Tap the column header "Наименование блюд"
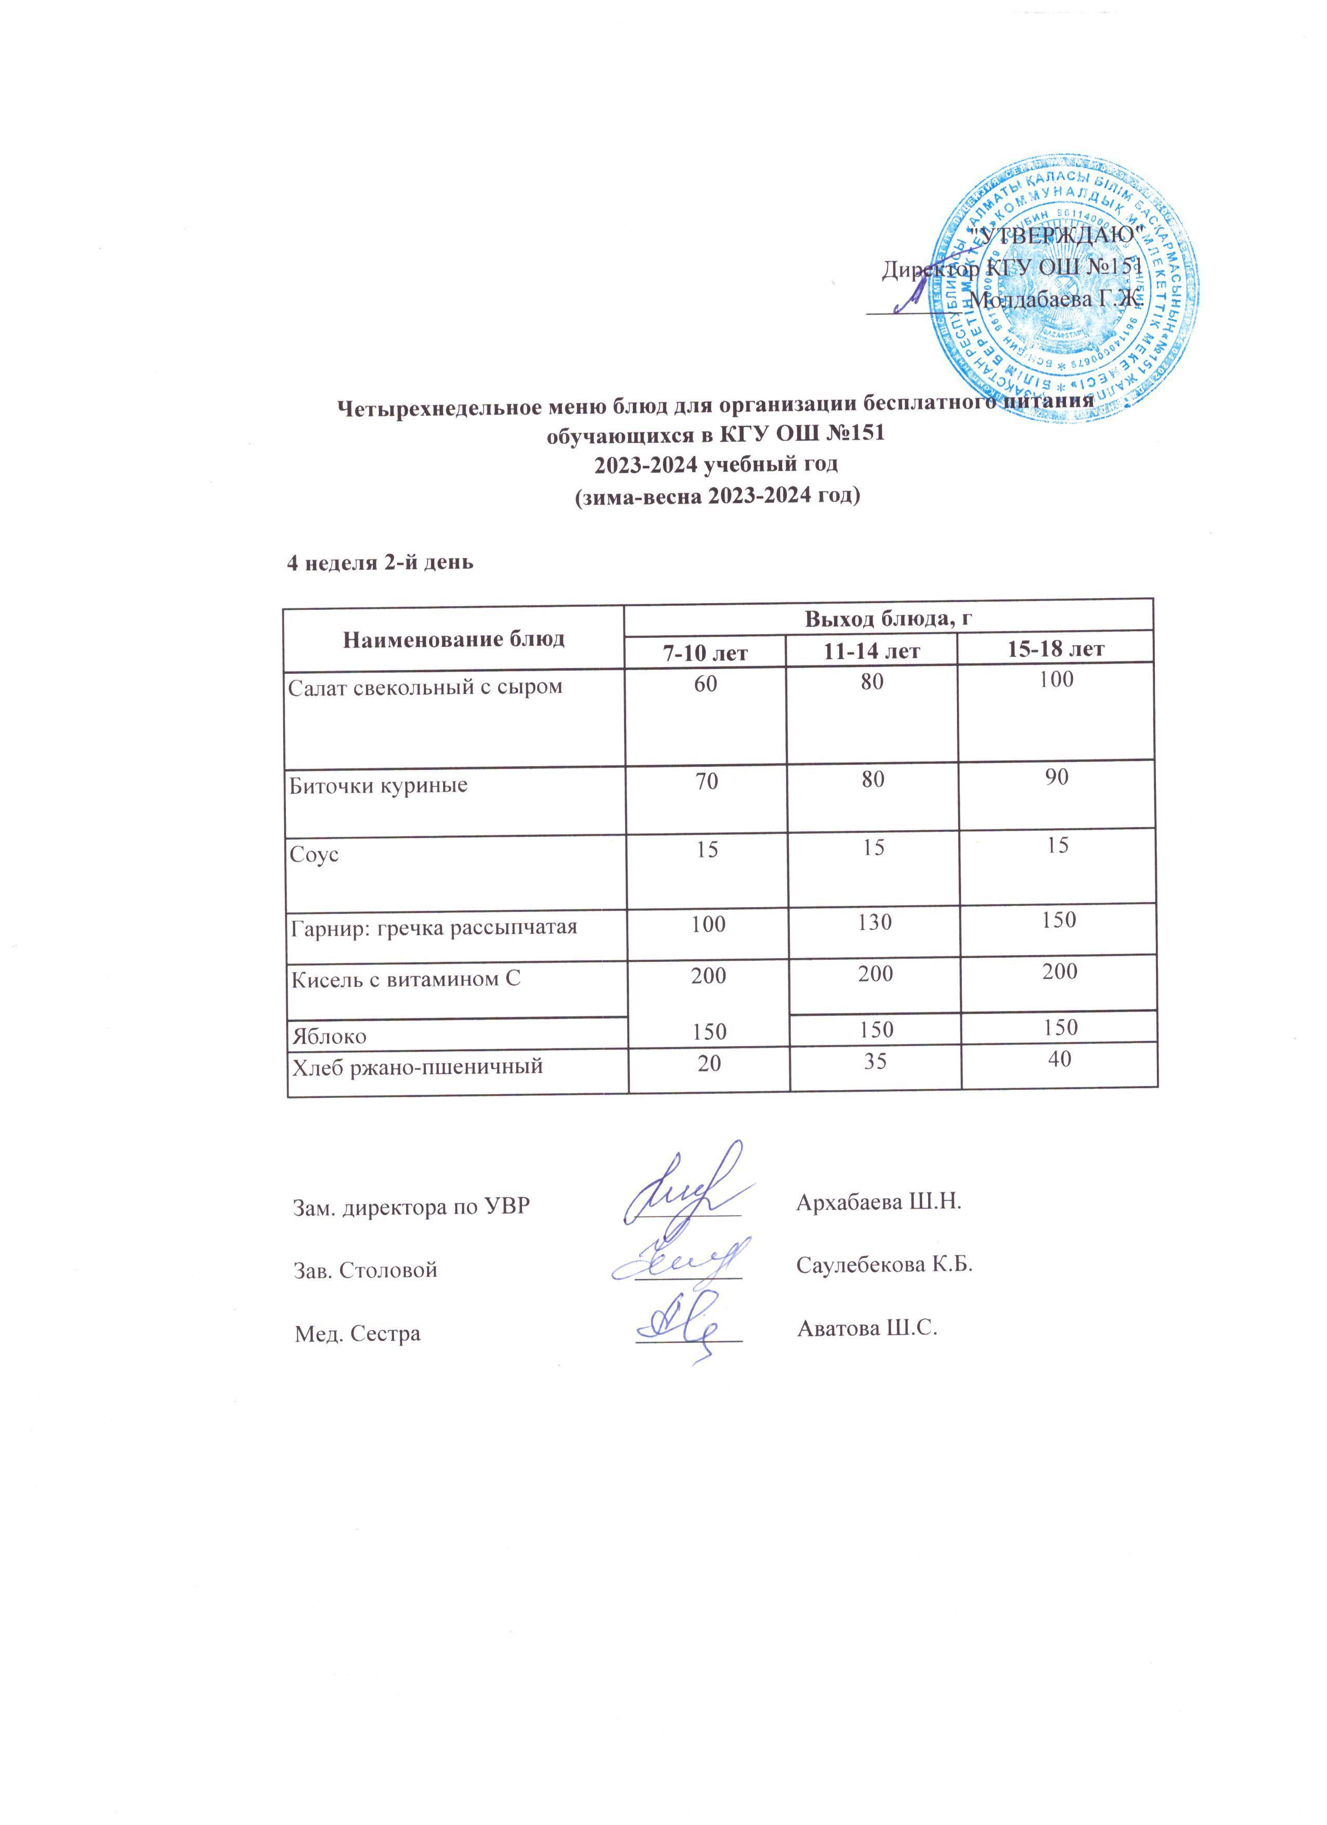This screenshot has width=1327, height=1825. pos(454,639)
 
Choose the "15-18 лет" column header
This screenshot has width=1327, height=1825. pos(1056,648)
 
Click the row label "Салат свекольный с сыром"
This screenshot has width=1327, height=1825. pos(426,686)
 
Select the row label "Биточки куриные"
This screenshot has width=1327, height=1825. pos(378,785)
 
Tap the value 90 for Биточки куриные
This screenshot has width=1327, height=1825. pos(1058,777)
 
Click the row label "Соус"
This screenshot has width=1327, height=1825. pos(314,855)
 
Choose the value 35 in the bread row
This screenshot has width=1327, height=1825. pos(875,1061)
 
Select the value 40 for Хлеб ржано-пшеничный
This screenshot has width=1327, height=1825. pos(1059,1059)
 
